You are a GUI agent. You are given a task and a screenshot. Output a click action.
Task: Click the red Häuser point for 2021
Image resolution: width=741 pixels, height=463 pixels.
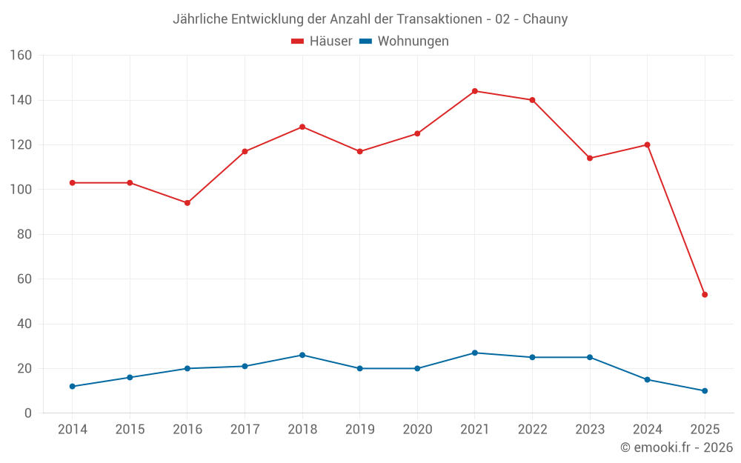(x=475, y=91)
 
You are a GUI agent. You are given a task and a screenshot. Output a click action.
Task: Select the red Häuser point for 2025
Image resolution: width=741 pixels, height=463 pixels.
(x=705, y=295)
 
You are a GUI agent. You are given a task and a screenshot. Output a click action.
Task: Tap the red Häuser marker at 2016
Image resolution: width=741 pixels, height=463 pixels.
(x=187, y=203)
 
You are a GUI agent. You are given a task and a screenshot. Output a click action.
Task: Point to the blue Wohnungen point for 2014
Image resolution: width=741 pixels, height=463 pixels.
(x=72, y=387)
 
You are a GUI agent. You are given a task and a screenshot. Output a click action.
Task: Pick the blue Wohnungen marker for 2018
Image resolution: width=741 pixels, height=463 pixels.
(x=302, y=355)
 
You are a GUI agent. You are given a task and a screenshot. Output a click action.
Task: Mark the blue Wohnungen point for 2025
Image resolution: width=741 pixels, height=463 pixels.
(x=705, y=391)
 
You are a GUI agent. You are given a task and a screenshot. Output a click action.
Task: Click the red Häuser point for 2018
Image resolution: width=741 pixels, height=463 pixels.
(x=302, y=127)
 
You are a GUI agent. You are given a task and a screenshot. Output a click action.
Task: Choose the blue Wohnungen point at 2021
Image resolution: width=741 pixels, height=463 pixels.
(x=475, y=353)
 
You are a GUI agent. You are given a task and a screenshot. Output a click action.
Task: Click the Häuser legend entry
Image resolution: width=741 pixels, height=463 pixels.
(x=322, y=41)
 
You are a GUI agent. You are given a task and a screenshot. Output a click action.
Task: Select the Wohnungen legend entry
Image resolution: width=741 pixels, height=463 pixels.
(x=405, y=41)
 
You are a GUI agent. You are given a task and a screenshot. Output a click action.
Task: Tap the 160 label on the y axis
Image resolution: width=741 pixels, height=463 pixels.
(x=21, y=56)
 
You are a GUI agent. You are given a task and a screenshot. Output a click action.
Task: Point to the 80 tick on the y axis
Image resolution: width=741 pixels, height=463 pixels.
(x=24, y=235)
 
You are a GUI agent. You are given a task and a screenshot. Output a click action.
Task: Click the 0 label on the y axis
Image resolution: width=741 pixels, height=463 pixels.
(x=28, y=413)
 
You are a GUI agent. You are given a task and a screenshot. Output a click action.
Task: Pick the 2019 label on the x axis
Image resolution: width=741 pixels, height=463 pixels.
(x=359, y=430)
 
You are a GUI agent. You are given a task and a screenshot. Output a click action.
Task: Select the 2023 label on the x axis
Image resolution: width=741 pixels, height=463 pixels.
(x=590, y=430)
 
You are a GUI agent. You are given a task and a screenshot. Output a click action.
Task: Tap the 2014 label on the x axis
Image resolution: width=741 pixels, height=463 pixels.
(x=72, y=430)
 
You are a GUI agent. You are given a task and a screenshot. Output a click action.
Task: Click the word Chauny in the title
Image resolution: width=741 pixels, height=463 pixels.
(x=545, y=19)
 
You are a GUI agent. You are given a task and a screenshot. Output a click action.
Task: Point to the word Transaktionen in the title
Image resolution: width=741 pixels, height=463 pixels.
(x=432, y=19)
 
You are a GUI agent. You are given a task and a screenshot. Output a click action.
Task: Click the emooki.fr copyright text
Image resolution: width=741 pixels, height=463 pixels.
(x=677, y=447)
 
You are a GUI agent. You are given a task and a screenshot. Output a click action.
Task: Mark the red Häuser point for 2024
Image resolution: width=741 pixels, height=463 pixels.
(x=648, y=145)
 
